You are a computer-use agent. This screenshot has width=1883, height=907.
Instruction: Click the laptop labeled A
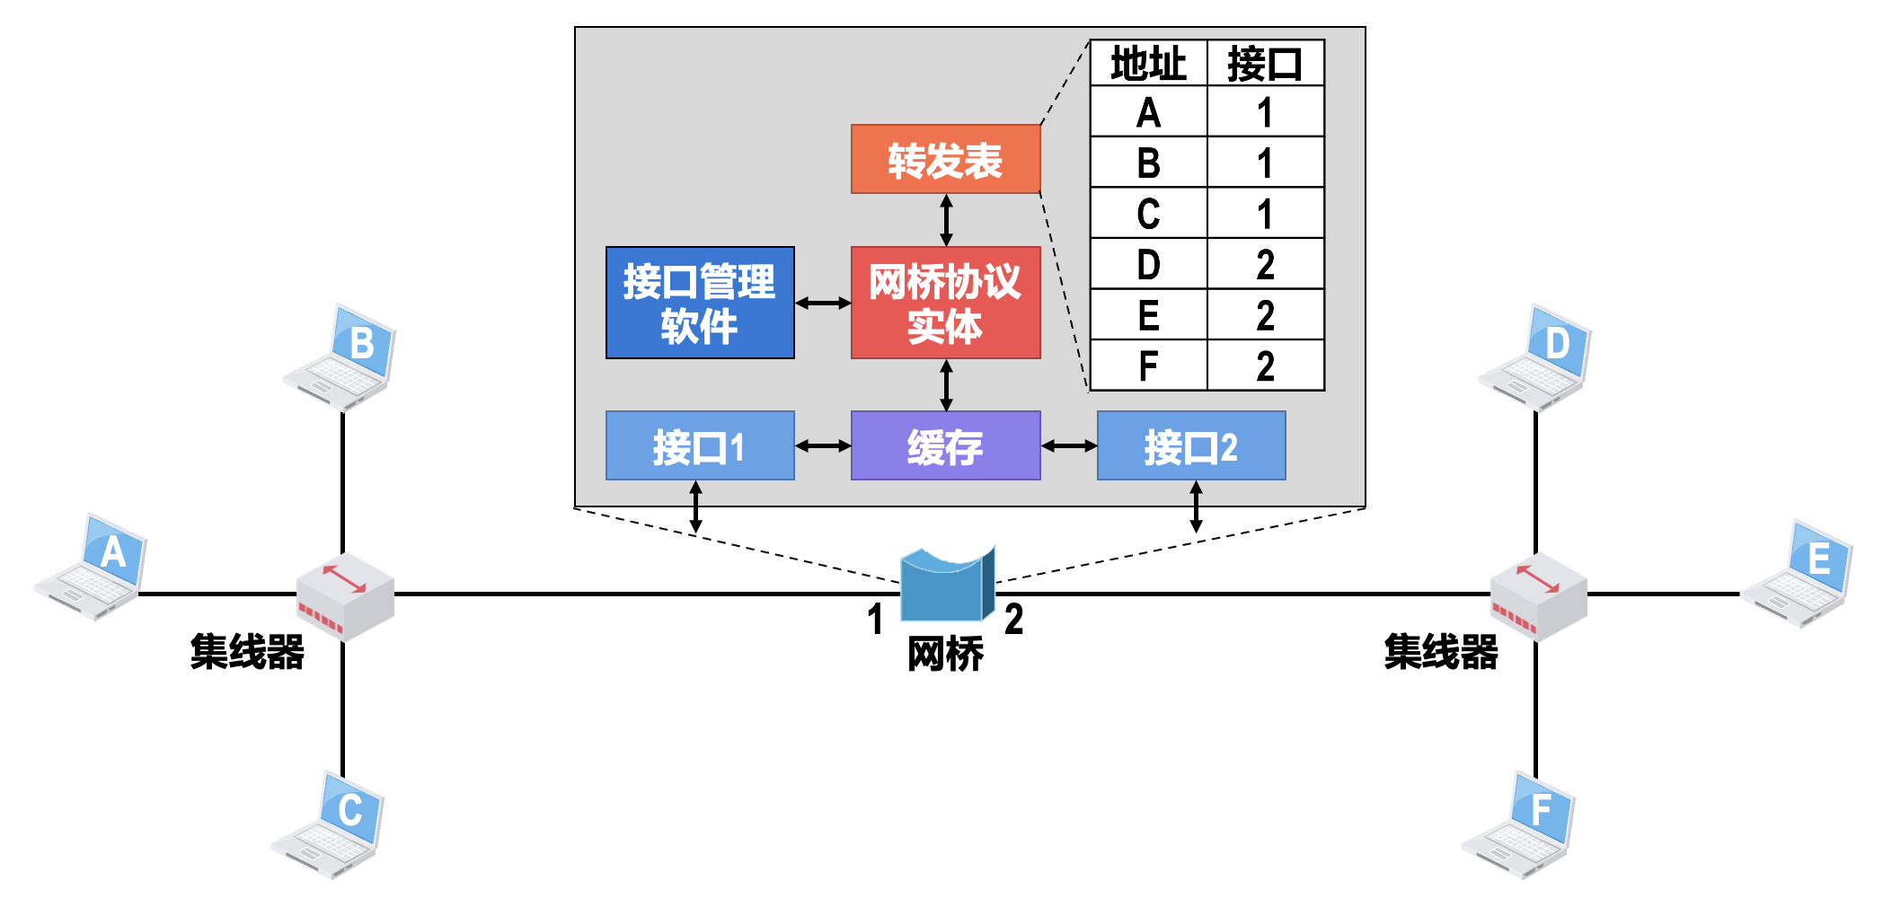click(92, 568)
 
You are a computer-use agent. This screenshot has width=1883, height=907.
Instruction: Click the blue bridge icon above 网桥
click(947, 586)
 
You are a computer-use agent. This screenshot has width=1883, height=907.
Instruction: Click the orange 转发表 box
click(945, 159)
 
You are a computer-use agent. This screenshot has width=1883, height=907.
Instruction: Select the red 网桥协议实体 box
click(945, 303)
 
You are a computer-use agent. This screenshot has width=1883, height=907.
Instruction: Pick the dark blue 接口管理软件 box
click(700, 303)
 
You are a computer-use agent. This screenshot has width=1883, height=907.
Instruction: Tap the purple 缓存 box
click(945, 445)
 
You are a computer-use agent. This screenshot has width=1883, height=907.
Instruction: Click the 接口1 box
click(700, 445)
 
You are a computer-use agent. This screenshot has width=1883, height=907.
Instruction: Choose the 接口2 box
click(1191, 445)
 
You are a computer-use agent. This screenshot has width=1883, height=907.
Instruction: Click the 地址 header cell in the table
click(1148, 64)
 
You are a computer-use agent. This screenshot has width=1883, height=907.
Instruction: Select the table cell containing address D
click(1148, 264)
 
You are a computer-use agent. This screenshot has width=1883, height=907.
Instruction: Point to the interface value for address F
click(1265, 365)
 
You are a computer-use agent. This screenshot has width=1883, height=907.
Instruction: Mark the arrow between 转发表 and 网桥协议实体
click(946, 220)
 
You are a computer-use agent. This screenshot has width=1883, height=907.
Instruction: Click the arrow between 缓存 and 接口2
click(1069, 445)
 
